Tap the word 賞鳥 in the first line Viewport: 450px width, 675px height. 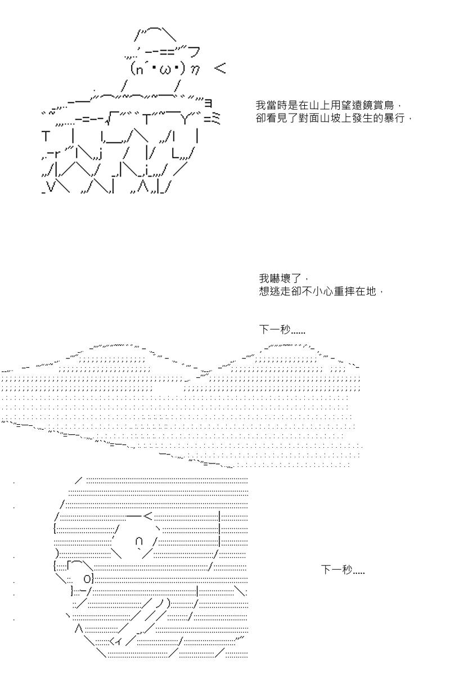383,105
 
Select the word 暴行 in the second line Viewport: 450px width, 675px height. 394,118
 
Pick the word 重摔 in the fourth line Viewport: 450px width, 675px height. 345,291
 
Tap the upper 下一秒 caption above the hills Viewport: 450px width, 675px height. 282,330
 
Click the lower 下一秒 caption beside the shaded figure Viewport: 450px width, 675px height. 343,570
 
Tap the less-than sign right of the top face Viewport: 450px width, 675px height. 220,68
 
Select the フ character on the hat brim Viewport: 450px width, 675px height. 195,52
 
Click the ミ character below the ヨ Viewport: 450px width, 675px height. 215,119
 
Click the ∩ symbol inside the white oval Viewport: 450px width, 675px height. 139,542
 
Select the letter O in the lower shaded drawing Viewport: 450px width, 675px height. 87,579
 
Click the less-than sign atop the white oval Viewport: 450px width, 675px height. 148,516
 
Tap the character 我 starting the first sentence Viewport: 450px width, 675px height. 261,105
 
